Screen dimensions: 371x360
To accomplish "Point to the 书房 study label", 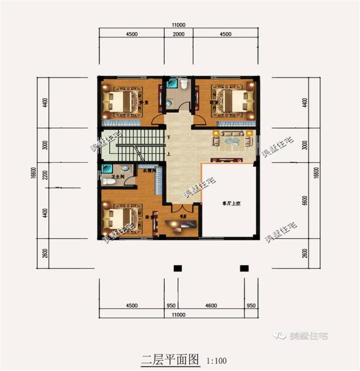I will pos(183,216).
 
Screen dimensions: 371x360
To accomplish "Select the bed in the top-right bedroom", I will pos(232,100).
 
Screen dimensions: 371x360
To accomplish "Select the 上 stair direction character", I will pos(169,153).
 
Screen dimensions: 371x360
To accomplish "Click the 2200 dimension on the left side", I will pos(45,175).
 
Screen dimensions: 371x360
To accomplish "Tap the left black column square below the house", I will pos(177,268).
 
